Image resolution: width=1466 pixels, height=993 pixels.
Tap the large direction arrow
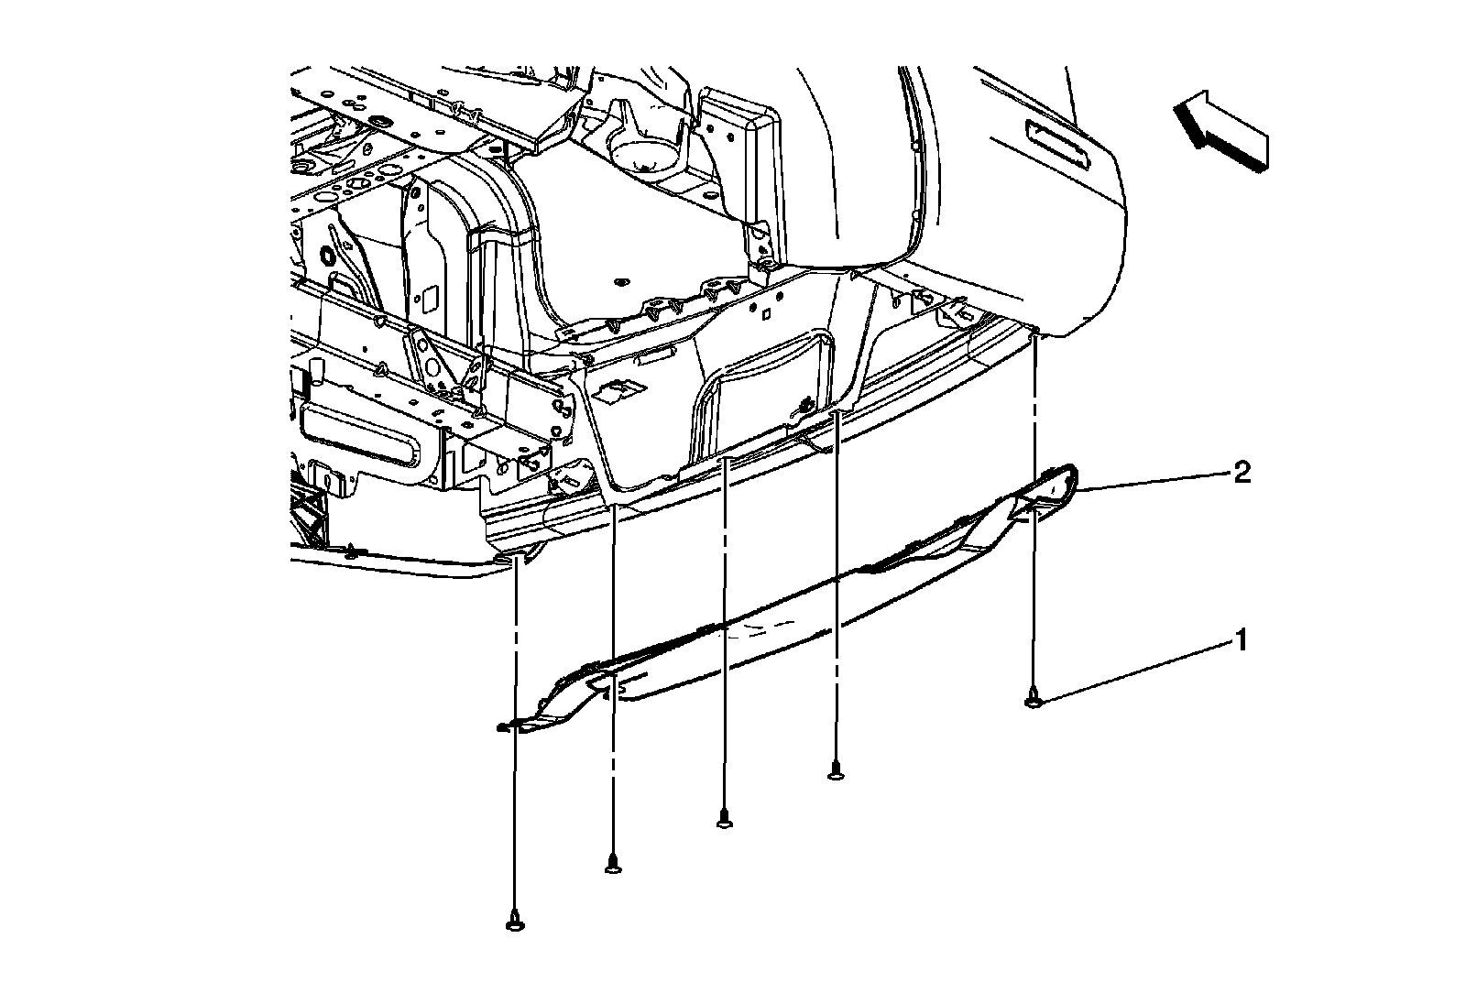pos(1220,132)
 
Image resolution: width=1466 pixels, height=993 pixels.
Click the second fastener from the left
pos(613,863)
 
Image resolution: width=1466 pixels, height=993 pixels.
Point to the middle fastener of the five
pos(724,820)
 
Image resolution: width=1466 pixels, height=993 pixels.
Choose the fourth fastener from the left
pos(835,772)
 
